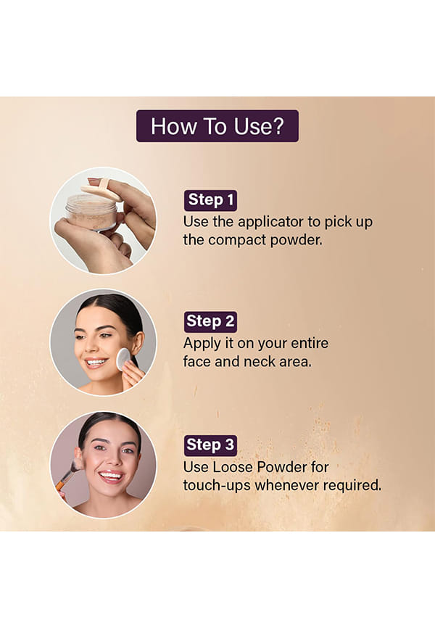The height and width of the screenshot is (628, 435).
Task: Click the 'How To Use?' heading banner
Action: pyautogui.click(x=217, y=126)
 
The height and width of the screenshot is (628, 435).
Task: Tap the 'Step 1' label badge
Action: pyautogui.click(x=210, y=200)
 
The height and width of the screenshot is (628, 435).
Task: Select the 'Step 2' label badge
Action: pyautogui.click(x=210, y=321)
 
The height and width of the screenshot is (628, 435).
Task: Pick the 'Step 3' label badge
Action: pyautogui.click(x=210, y=445)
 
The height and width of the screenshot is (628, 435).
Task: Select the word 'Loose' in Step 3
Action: pyautogui.click(x=232, y=467)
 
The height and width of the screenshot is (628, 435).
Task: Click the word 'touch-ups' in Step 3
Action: pyautogui.click(x=217, y=486)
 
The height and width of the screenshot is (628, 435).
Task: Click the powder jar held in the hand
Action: pyautogui.click(x=91, y=212)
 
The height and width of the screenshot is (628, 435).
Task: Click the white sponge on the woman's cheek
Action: pyautogui.click(x=123, y=359)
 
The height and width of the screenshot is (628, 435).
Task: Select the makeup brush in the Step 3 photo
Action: pyautogui.click(x=67, y=475)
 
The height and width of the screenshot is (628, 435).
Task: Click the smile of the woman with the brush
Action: pyautogui.click(x=111, y=476)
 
